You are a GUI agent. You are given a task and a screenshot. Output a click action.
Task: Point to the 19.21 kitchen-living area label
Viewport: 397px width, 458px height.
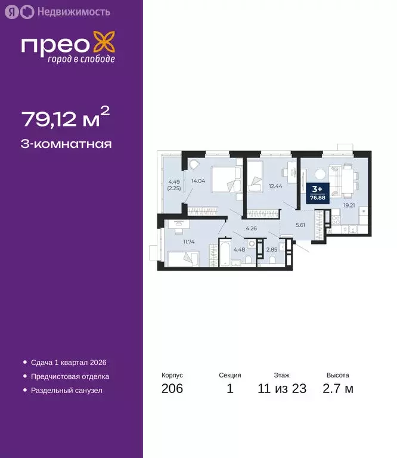[349, 205]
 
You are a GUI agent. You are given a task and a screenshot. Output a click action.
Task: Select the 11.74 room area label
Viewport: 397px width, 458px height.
[190, 242]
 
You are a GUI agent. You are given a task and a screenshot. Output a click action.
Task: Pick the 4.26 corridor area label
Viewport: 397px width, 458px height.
[252, 228]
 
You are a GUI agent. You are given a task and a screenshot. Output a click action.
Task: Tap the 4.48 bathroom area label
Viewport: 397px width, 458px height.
[239, 249]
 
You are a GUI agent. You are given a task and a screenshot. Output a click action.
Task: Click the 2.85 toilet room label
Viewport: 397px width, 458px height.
[271, 249]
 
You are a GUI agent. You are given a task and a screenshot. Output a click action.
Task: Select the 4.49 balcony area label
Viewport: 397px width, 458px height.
[173, 184]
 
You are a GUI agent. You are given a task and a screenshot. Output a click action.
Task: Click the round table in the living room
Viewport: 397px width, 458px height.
[321, 174]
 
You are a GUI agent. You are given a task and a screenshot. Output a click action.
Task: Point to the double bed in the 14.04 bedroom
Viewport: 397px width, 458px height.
[219, 178]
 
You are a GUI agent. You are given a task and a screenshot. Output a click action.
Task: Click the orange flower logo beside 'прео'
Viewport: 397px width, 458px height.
[105, 45]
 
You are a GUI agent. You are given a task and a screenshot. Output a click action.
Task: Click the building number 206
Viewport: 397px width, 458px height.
[172, 389]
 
